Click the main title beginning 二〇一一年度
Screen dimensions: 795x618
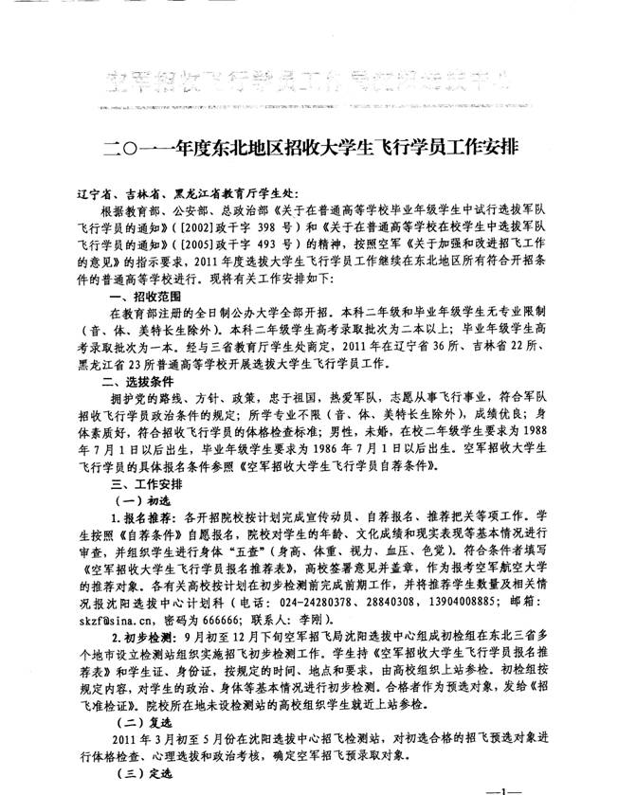click(x=310, y=150)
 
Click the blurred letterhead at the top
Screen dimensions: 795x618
click(x=310, y=78)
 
